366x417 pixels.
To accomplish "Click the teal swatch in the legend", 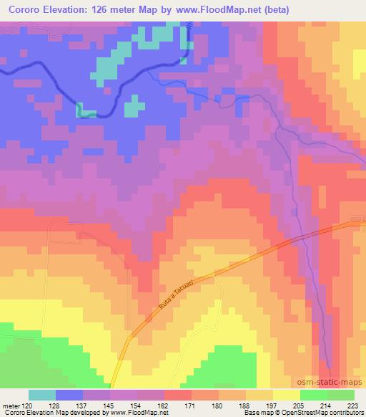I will (42, 395).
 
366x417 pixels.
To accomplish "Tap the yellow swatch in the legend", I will (286, 395).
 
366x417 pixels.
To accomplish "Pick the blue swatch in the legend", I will (69, 395).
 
